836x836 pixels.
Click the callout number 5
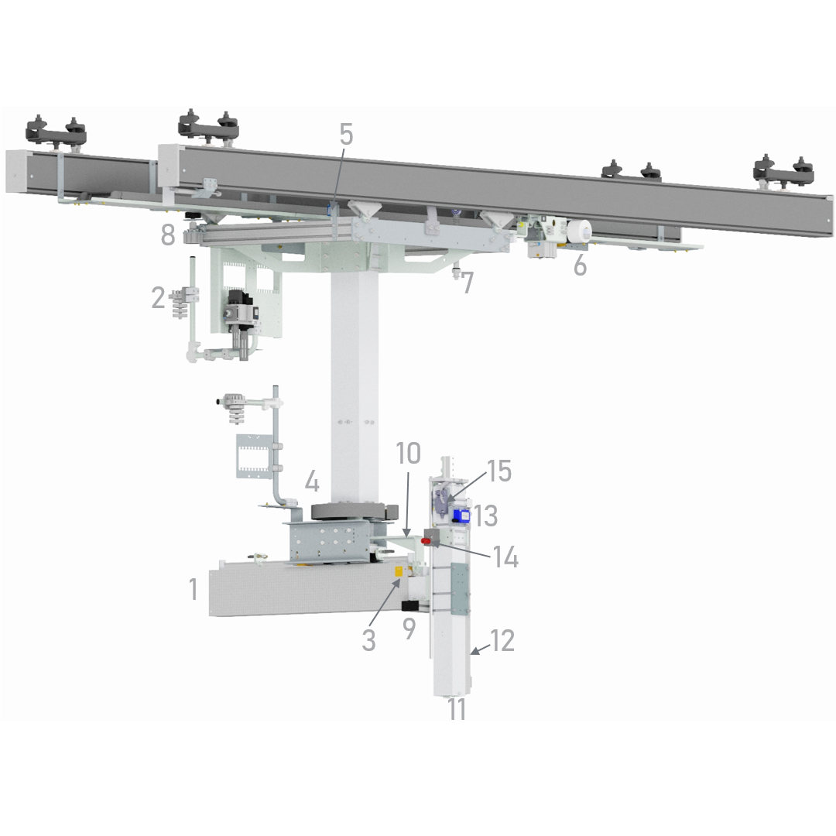pyautogui.click(x=346, y=135)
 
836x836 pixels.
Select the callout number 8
pyautogui.click(x=168, y=235)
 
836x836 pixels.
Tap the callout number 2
pyautogui.click(x=159, y=297)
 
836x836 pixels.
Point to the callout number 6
pyautogui.click(x=580, y=265)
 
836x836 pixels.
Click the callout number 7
pyautogui.click(x=468, y=283)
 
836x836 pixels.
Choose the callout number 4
pyautogui.click(x=312, y=481)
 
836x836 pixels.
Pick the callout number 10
pyautogui.click(x=409, y=453)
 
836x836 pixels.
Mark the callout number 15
pyautogui.click(x=499, y=471)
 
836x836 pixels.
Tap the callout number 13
pyautogui.click(x=485, y=516)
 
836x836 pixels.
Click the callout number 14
pyautogui.click(x=505, y=557)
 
